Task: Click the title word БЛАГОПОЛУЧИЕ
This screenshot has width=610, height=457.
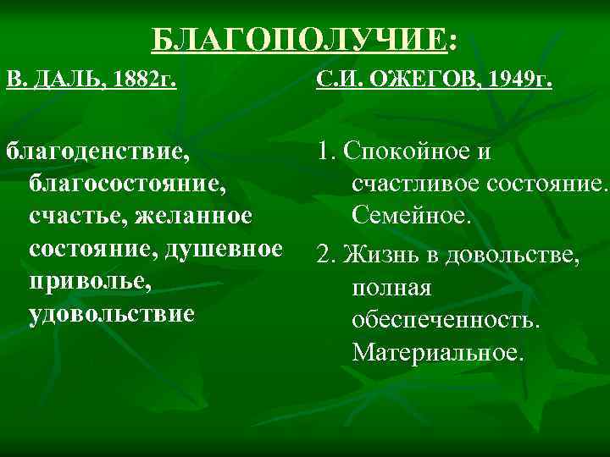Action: pos(298,39)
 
